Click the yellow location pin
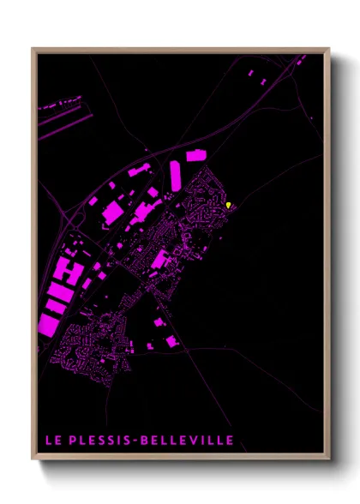(x=227, y=204)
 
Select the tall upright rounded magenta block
(x=175, y=176)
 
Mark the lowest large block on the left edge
(x=48, y=323)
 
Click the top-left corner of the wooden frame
(x=33, y=49)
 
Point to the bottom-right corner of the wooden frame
(x=328, y=458)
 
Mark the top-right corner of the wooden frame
(x=328, y=49)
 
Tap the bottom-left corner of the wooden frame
(x=33, y=458)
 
